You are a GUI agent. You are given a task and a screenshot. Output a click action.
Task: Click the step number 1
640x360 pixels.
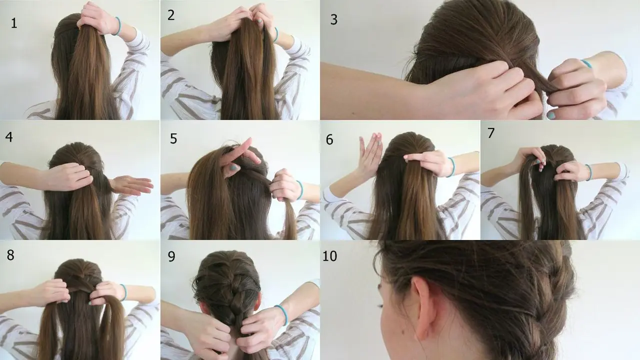click(14, 23)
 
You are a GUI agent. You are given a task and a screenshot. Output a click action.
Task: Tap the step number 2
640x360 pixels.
click(171, 15)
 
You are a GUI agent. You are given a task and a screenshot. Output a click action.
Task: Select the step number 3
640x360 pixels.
click(334, 20)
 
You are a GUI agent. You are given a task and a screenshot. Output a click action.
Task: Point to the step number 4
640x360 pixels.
click(9, 136)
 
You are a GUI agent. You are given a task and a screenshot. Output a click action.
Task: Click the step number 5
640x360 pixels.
click(173, 138)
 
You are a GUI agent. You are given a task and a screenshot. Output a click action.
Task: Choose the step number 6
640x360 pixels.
click(329, 140)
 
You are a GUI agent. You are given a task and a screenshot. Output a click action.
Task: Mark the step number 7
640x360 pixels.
click(490, 133)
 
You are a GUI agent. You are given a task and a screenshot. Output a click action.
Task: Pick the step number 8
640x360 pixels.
click(10, 254)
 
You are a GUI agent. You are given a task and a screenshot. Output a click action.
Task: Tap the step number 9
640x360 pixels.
click(171, 256)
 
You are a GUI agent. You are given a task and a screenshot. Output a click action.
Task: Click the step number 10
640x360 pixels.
click(330, 256)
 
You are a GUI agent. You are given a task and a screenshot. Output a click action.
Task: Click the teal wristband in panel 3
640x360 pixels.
click(586, 63)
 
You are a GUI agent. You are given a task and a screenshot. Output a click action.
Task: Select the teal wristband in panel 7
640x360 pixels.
click(589, 172)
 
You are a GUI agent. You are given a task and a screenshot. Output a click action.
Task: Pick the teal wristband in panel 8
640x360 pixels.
click(123, 292)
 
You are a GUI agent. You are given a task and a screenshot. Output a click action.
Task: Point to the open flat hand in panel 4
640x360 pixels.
click(132, 185)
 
